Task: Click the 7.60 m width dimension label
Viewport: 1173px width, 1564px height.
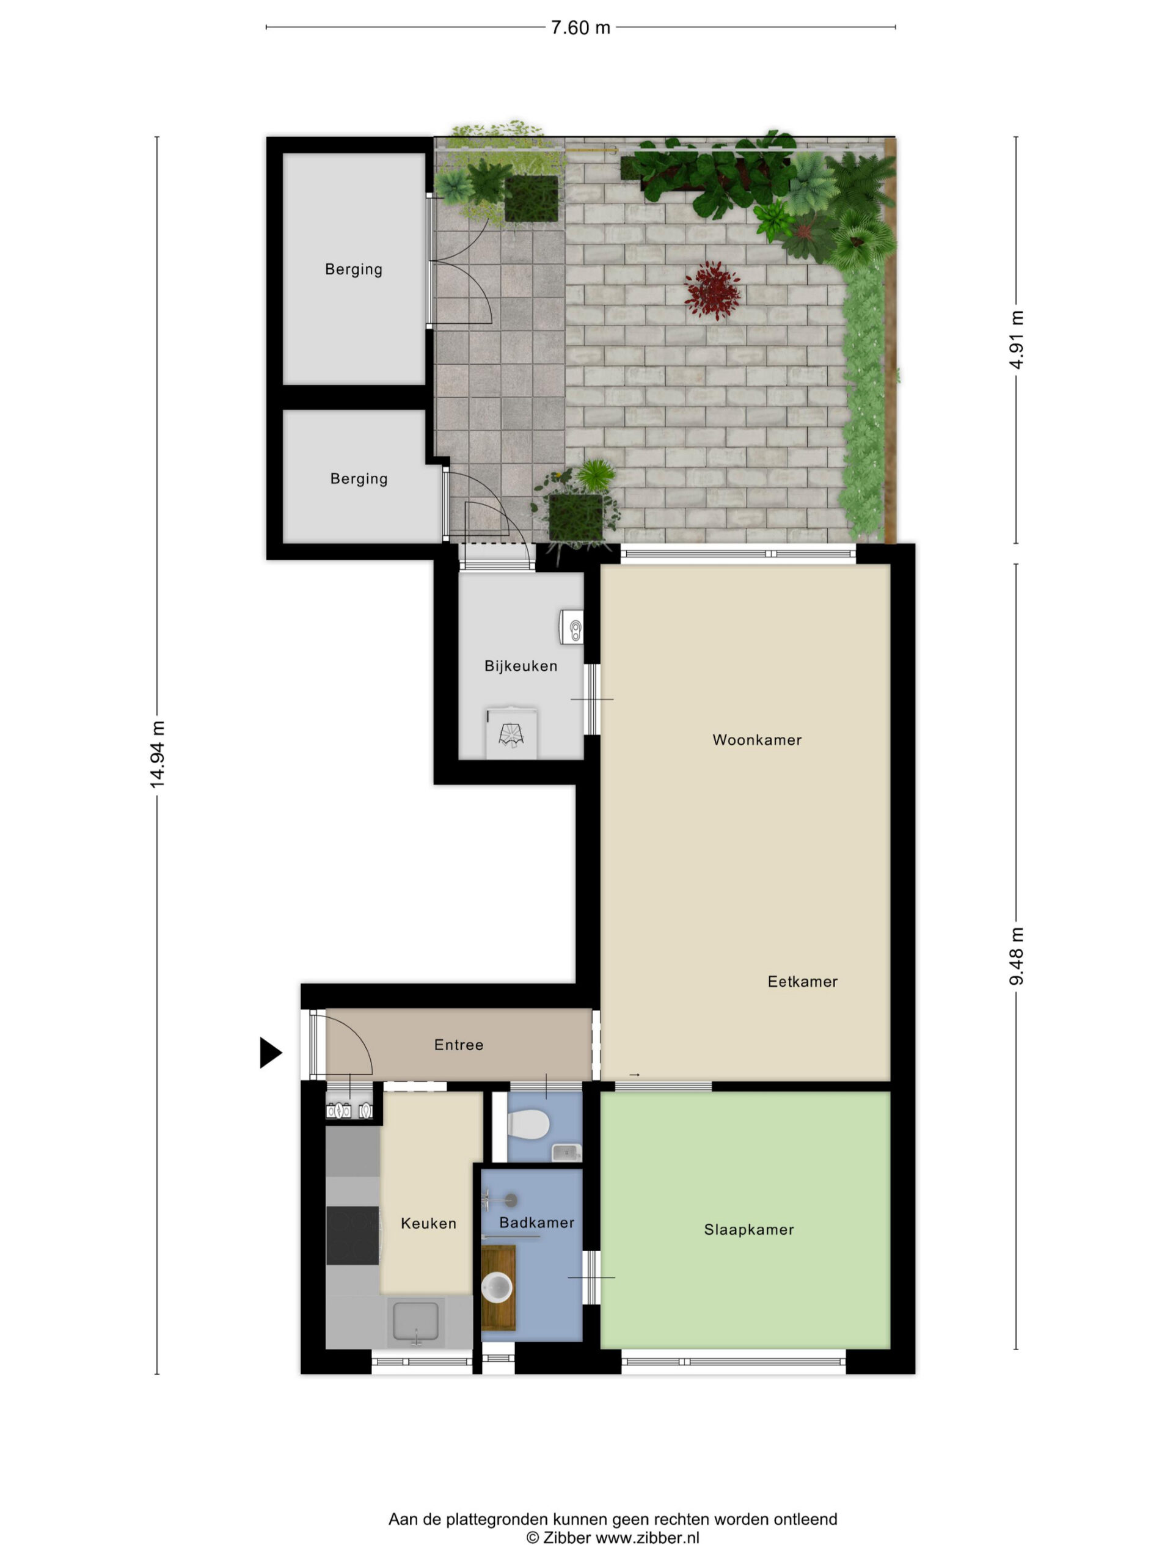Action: [580, 27]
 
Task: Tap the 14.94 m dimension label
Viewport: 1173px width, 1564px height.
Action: [157, 755]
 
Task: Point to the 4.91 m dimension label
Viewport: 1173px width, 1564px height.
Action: [1016, 340]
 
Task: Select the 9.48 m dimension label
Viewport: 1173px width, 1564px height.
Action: [1016, 956]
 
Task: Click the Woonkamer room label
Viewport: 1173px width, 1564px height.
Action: [756, 740]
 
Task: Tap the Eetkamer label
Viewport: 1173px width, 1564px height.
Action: [803, 981]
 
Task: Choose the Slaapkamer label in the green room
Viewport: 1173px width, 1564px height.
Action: [749, 1230]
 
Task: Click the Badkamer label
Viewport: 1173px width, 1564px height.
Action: [536, 1222]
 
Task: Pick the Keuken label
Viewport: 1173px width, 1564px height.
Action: [428, 1223]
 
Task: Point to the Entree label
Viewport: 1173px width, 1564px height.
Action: [459, 1045]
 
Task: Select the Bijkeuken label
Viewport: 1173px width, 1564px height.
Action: [521, 666]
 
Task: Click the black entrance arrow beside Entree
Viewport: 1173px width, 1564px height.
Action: [271, 1053]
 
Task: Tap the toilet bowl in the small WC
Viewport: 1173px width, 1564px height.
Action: [529, 1124]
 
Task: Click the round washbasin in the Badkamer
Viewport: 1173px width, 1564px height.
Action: [497, 1287]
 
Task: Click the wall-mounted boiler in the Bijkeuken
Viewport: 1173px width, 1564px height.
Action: [572, 627]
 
